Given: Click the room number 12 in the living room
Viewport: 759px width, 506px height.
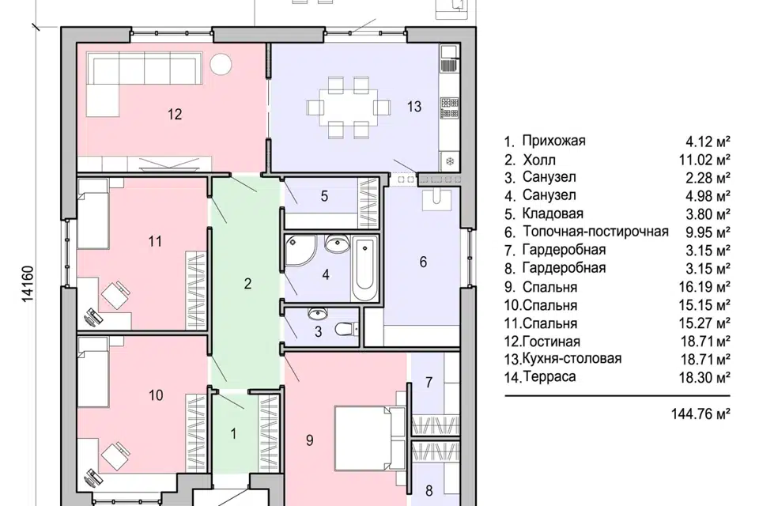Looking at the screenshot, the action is tap(175, 115).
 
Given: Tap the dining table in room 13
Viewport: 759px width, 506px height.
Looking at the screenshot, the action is tap(349, 107).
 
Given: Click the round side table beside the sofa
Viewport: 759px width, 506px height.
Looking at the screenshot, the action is tap(221, 64).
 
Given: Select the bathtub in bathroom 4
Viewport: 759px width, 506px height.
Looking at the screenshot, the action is tap(364, 269).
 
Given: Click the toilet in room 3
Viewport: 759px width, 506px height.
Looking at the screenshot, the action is tap(346, 329).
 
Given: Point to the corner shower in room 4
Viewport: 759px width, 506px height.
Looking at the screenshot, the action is tap(299, 251).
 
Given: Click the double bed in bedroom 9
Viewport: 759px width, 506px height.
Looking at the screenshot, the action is tap(370, 438).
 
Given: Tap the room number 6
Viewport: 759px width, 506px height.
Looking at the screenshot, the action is tap(423, 262).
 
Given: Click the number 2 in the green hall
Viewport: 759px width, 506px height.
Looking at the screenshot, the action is tap(247, 283).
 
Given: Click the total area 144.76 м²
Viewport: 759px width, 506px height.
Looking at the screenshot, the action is tap(700, 414).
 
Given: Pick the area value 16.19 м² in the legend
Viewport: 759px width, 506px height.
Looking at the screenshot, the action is tap(704, 287).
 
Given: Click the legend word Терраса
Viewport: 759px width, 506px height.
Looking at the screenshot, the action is tap(549, 376).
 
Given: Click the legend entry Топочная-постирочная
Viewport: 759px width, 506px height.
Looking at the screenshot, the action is tap(595, 232).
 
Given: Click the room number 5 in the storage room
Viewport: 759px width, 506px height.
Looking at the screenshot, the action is tap(324, 196).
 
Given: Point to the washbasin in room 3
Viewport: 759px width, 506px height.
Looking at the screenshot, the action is tap(318, 314).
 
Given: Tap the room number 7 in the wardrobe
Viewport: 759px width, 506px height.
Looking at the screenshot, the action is tap(429, 383).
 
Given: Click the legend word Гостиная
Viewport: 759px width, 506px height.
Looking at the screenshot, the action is tap(551, 342).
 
